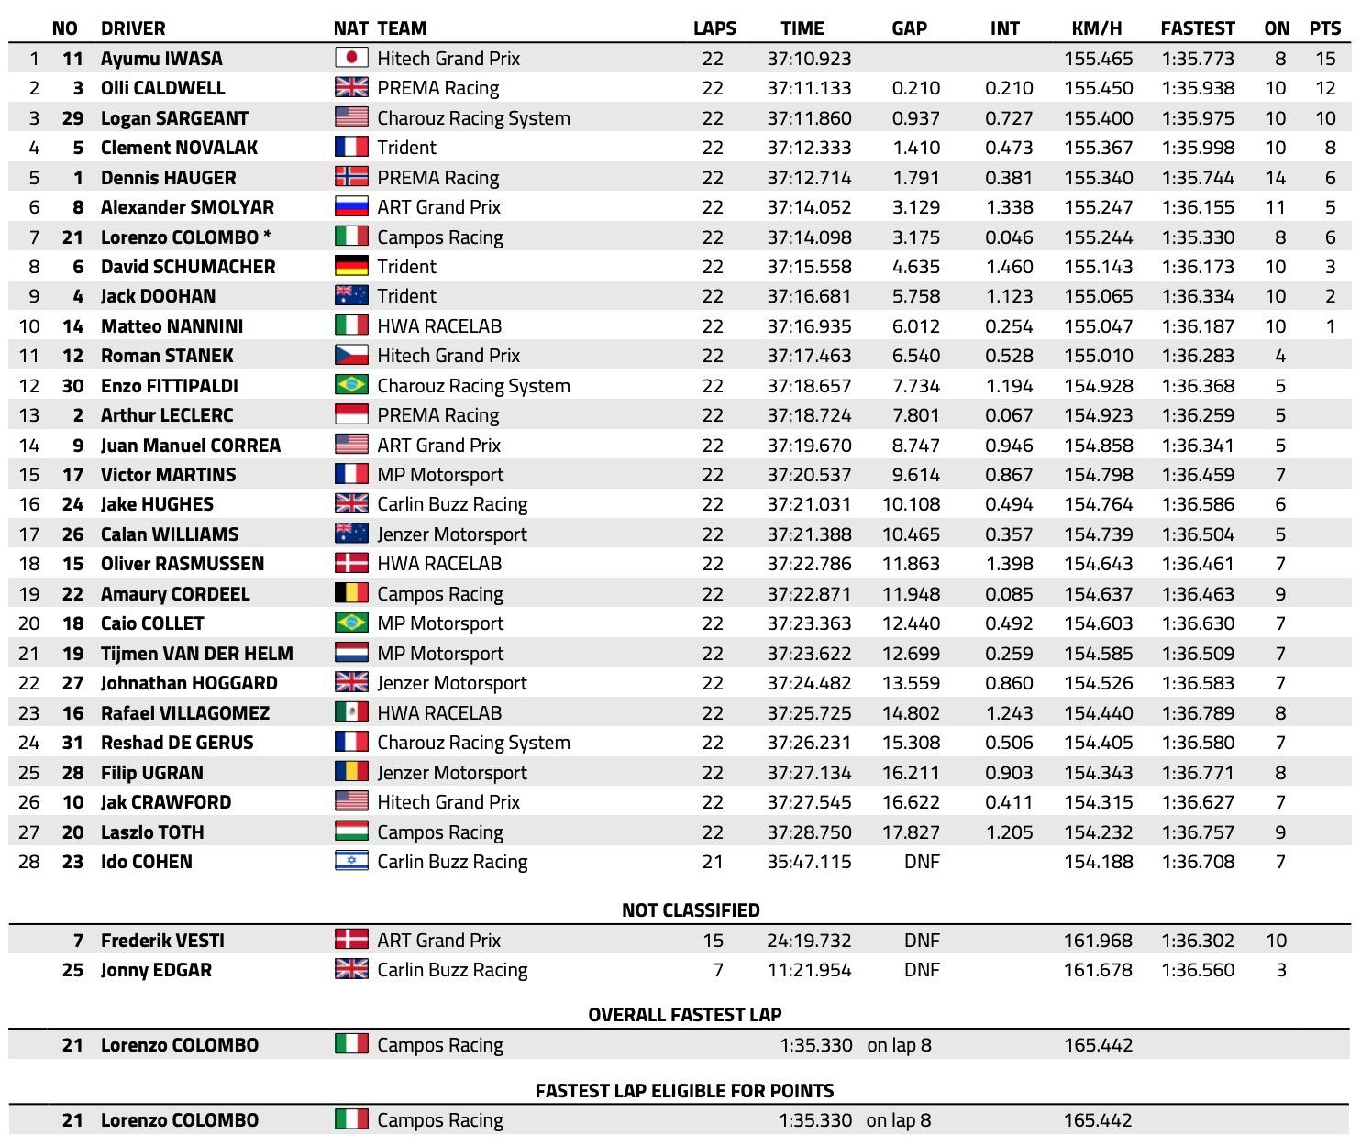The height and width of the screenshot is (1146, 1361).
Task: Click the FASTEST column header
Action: pos(1197,28)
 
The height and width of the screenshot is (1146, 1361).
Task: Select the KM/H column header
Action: pos(1097,28)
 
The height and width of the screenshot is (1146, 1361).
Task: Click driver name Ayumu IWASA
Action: pos(161,59)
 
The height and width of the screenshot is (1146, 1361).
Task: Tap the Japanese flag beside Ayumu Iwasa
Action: pos(351,58)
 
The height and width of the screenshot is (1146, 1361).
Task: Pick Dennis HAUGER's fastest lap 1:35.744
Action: pos(1198,178)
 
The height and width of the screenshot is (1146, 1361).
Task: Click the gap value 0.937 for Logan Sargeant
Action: pos(916,118)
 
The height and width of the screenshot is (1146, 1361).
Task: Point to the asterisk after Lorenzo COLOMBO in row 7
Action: pos(267,236)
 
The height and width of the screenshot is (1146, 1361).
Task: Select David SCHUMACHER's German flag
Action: pos(351,266)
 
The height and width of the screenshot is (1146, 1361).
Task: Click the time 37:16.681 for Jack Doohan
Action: pos(809,296)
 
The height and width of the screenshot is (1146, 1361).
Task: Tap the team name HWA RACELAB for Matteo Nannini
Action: pos(439,326)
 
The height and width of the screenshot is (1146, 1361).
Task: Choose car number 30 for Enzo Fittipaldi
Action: pos(72,386)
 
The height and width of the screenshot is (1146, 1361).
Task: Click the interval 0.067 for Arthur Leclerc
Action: pos(1009,415)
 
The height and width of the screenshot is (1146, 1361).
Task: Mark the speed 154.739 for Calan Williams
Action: pos(1099,534)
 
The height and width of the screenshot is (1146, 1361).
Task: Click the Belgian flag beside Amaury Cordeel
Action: pos(351,593)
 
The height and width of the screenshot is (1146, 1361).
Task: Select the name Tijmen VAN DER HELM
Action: pos(197,654)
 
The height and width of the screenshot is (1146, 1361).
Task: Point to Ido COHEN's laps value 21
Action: pos(713,862)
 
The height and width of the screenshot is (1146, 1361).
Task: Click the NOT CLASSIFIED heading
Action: pos(691,910)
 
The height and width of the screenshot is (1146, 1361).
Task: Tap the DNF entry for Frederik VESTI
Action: pos(922,941)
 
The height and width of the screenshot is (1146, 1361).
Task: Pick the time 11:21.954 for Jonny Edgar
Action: pos(809,970)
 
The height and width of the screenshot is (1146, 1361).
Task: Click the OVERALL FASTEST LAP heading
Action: pos(685,1015)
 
